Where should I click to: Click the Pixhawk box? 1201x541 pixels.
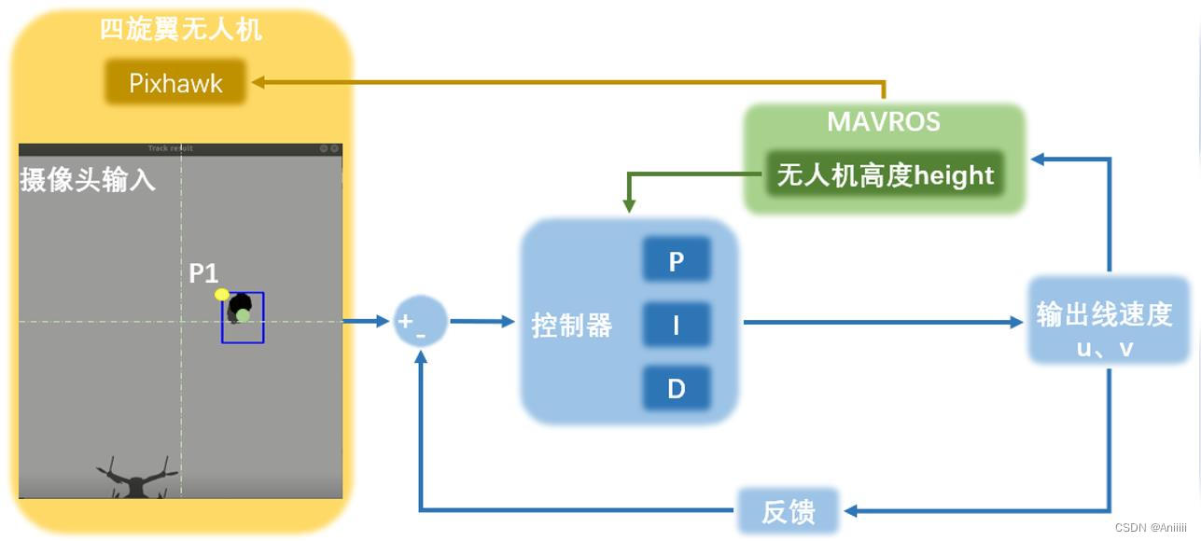(x=175, y=83)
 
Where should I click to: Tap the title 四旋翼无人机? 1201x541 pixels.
(x=181, y=30)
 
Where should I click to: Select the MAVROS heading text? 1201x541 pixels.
(x=884, y=122)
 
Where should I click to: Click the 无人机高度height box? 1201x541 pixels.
(x=885, y=174)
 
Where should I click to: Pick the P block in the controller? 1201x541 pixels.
(x=677, y=260)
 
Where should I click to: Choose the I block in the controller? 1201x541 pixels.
(x=677, y=325)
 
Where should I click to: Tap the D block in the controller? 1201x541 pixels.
(x=677, y=388)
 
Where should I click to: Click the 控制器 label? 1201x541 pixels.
(x=571, y=326)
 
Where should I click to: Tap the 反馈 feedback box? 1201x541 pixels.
(x=789, y=511)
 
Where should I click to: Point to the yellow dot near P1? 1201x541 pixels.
(x=222, y=295)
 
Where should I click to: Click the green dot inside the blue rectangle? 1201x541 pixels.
(x=243, y=316)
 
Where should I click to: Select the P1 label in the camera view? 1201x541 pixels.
(x=203, y=273)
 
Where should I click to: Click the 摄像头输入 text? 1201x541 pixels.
(x=88, y=180)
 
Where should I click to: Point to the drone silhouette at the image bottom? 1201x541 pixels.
(x=136, y=479)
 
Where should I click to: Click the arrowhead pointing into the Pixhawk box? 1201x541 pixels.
(x=258, y=82)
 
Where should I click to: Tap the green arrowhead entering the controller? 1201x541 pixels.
(x=629, y=205)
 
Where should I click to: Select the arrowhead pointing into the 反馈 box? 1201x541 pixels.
(x=849, y=511)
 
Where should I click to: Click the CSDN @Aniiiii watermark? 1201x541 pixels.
(x=1151, y=527)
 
